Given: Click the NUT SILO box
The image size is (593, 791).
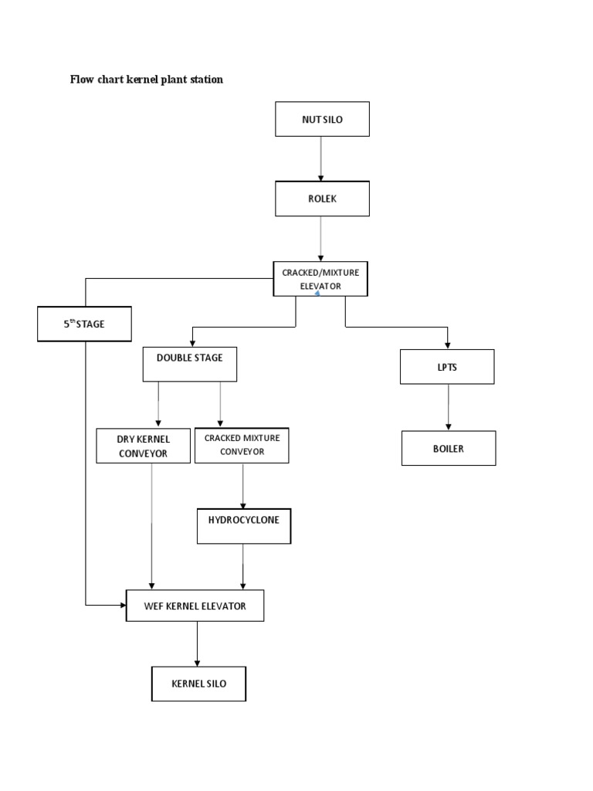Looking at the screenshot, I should (x=322, y=119).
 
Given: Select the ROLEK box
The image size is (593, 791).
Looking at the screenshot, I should (x=322, y=199).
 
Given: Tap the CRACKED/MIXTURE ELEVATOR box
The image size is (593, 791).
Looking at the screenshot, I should (x=320, y=278).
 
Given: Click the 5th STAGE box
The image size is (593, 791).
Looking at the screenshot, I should (x=84, y=324).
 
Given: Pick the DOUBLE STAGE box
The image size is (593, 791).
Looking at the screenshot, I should (x=189, y=364).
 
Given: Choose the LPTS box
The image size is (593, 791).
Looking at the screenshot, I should (x=447, y=367).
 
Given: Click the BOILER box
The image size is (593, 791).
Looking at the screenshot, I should (x=449, y=448).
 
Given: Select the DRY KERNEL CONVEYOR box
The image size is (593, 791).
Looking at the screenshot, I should (x=143, y=446).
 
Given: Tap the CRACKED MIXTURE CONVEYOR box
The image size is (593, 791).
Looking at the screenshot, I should (x=242, y=445).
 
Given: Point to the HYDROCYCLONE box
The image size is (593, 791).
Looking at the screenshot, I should (x=244, y=525).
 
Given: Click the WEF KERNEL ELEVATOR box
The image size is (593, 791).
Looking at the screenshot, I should (x=195, y=606).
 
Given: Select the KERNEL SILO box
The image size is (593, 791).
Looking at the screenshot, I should (x=198, y=684).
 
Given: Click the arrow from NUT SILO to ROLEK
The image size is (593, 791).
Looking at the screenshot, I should (x=321, y=158).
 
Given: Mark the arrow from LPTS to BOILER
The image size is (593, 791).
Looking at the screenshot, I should (x=448, y=407).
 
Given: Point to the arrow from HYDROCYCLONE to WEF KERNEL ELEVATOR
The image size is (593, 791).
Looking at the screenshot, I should (x=244, y=567).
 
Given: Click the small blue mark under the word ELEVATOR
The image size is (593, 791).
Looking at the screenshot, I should (x=317, y=293).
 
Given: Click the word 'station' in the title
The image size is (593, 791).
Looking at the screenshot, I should (x=205, y=80).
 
